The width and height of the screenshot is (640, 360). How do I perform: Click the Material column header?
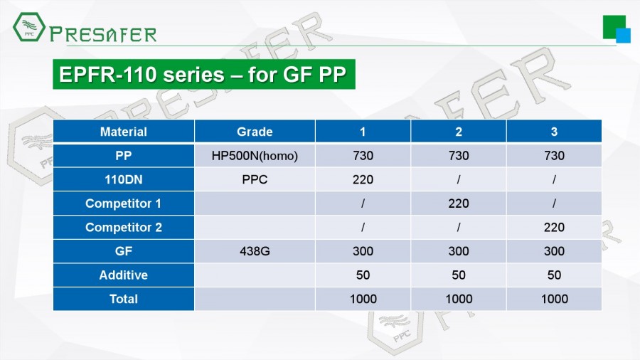click(x=123, y=132)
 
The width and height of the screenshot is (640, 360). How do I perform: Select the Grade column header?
click(x=255, y=132)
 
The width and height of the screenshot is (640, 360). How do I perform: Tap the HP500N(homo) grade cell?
click(x=255, y=156)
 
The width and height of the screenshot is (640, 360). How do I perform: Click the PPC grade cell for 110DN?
click(x=255, y=179)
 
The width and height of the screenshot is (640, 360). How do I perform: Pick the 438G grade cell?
click(x=255, y=251)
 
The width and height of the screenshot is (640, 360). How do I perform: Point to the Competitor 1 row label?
click(x=123, y=203)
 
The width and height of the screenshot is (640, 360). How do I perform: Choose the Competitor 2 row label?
click(x=123, y=227)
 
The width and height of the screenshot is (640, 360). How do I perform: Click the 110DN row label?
click(x=123, y=179)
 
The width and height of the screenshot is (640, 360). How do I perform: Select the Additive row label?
click(x=123, y=275)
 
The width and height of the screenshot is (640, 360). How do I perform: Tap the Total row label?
click(x=123, y=299)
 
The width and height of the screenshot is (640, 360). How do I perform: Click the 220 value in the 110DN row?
click(x=363, y=179)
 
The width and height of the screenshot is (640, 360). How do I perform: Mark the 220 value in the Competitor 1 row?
click(x=459, y=203)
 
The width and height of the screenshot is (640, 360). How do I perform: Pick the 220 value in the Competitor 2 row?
click(x=554, y=227)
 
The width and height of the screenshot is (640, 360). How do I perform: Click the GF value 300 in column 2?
click(x=459, y=251)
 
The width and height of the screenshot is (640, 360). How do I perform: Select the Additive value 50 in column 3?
click(x=554, y=275)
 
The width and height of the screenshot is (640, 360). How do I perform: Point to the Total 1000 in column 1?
click(x=363, y=299)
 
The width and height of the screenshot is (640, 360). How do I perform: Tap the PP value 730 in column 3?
click(x=554, y=156)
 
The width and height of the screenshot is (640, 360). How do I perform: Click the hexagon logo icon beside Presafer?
click(x=28, y=27)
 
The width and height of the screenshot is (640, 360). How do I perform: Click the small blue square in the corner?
click(x=623, y=36)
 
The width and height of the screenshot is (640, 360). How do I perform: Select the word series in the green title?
click(x=194, y=75)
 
